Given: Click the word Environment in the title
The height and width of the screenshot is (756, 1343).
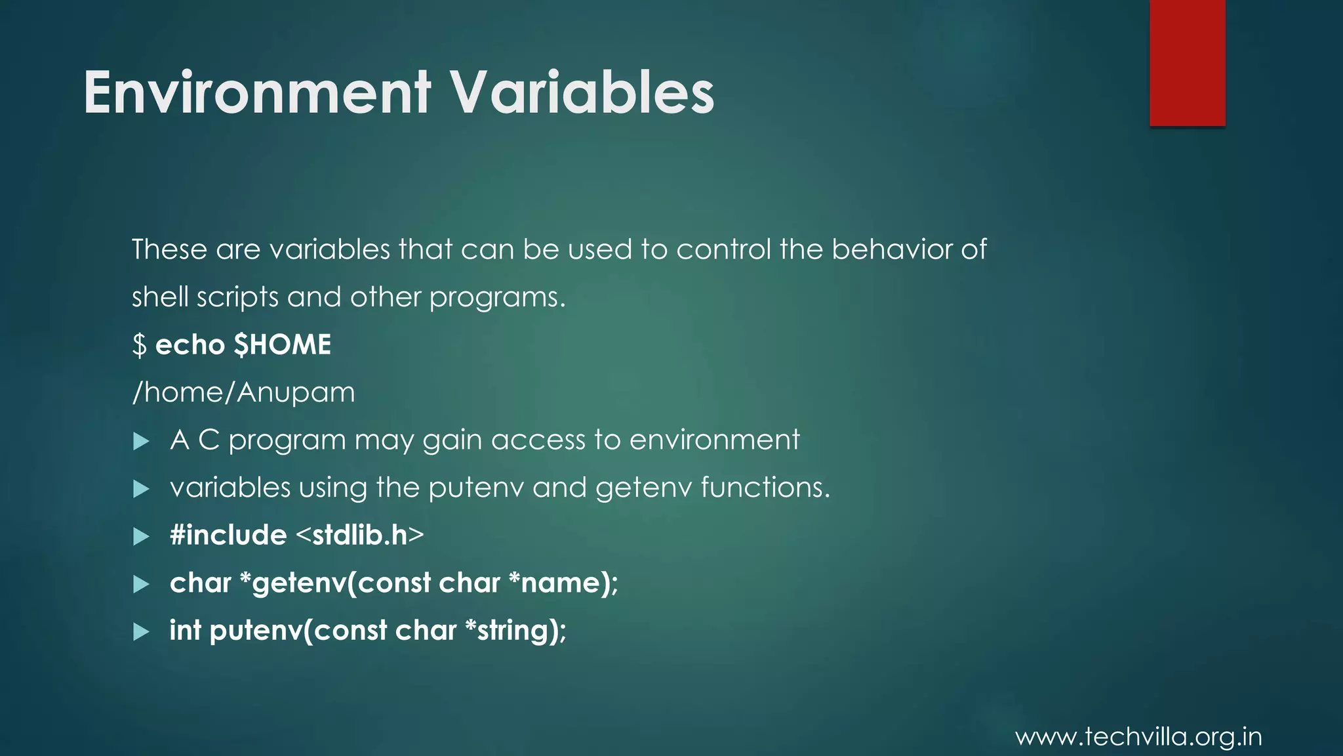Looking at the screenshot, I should [x=257, y=93].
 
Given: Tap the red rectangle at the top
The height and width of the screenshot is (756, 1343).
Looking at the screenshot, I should [x=1187, y=62].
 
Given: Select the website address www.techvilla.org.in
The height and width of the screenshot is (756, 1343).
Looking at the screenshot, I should [x=1138, y=737].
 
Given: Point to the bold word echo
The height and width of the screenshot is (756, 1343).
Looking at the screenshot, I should [x=190, y=345].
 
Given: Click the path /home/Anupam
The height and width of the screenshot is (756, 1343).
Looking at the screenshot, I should [x=243, y=392].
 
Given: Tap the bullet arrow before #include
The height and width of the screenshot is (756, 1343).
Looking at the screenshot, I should [x=141, y=537].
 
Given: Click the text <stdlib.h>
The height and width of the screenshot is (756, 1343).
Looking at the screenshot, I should [x=360, y=535].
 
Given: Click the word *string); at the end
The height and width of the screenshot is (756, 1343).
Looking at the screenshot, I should [x=515, y=631].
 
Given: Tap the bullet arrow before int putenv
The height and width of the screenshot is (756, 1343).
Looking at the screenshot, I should [x=141, y=632].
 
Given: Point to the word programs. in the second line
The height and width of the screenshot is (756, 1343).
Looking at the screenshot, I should [x=497, y=298].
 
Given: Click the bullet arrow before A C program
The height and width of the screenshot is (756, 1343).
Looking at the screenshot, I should [x=141, y=441].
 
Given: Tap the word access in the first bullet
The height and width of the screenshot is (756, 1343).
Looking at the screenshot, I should [x=538, y=440].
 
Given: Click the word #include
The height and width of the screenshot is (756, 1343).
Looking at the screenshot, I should [x=228, y=535].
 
